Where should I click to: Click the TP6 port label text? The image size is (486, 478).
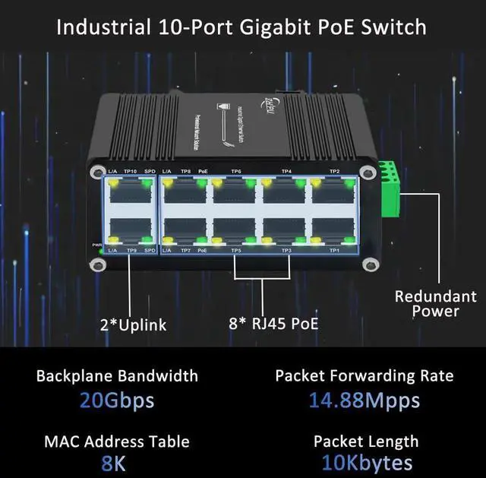(236, 172)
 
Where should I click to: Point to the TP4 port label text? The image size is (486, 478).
(286, 172)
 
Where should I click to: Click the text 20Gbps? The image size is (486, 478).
(117, 400)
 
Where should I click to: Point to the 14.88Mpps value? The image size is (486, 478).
(364, 400)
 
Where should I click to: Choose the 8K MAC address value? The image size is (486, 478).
(117, 463)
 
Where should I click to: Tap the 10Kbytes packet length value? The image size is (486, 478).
(364, 463)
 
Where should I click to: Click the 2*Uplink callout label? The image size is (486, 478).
(134, 325)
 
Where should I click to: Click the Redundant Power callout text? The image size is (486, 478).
(436, 303)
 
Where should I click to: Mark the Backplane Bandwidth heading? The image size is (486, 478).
(117, 375)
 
